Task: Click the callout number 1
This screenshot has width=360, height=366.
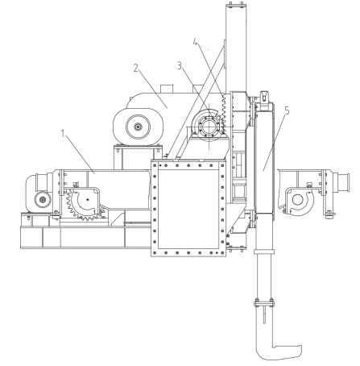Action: pyautogui.click(x=63, y=133)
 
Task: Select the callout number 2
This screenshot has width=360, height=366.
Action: pyautogui.click(x=136, y=68)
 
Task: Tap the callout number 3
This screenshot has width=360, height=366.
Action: pyautogui.click(x=180, y=65)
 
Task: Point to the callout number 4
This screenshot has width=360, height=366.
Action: pyautogui.click(x=196, y=42)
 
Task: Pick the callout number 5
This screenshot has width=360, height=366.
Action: pyautogui.click(x=288, y=110)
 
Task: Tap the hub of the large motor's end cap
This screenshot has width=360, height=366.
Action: pyautogui.click(x=138, y=127)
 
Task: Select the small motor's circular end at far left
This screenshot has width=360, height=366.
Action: pyautogui.click(x=43, y=200)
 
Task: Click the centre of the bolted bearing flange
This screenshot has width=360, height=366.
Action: pyautogui.click(x=209, y=127)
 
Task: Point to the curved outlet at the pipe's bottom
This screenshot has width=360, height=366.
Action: pyautogui.click(x=279, y=352)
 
